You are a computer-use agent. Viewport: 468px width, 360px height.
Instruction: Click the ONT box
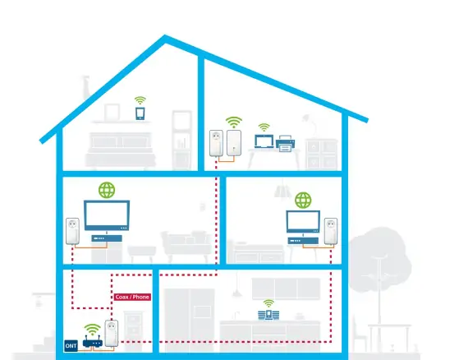71,346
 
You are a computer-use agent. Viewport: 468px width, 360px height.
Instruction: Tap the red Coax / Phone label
132,297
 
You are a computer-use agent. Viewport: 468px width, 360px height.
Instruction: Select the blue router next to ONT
93,342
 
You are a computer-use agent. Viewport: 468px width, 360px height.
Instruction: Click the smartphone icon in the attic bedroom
140,113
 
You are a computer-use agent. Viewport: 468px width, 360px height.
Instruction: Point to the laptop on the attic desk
264,141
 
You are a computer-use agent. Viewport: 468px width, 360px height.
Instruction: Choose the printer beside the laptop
286,143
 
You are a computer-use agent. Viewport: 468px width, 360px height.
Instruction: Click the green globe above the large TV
107,190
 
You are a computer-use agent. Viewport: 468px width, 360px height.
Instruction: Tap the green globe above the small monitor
303,201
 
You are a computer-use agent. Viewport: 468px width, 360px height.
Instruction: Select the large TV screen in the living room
107,215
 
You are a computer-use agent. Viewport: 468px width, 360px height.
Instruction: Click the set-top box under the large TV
107,238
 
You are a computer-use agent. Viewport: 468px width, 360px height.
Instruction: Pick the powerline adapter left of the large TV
72,231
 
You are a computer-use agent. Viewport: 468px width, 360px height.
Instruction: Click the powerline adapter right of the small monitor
331,231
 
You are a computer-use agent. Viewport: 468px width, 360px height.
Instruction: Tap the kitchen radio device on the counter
268,315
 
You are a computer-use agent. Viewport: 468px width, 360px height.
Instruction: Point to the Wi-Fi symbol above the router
92,330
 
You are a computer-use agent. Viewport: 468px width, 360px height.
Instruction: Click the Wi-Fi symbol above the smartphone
140,100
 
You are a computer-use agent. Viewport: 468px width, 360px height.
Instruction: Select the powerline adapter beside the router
112,334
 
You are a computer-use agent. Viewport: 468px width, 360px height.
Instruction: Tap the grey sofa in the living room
186,243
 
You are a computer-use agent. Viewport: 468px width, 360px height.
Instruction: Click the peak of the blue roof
165,36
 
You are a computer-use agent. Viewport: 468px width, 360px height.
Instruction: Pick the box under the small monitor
303,241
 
